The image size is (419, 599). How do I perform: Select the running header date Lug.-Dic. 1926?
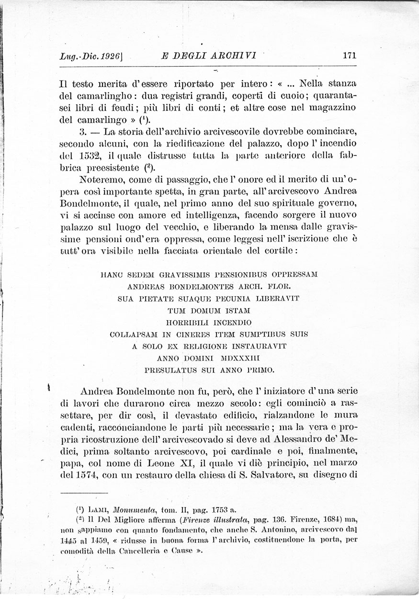90,56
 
